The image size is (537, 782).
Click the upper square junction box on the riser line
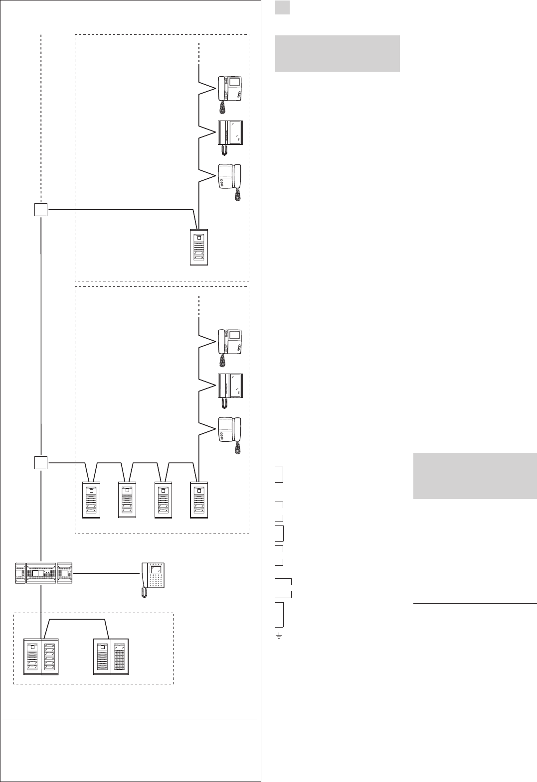(x=41, y=210)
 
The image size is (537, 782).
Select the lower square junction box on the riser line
(x=41, y=463)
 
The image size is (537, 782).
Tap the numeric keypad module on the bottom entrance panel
(x=119, y=657)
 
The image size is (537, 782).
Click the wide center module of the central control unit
(x=41, y=573)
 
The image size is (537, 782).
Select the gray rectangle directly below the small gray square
(x=337, y=53)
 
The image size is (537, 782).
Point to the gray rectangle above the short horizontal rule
(x=475, y=476)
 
